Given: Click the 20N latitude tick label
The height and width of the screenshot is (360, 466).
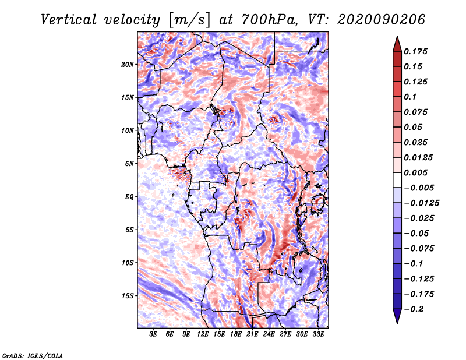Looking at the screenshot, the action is point(128,65).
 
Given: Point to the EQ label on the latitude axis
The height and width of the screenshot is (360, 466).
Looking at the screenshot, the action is point(129,197).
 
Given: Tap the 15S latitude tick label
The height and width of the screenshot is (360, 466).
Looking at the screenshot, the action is point(128,296).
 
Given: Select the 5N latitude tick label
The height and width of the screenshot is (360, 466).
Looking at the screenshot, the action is point(129,164).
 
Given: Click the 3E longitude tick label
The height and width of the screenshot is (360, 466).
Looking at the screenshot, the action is point(153,334).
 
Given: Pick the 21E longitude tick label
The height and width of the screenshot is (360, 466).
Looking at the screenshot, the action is point(252,334).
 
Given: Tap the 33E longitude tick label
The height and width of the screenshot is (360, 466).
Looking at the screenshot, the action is point(318,334).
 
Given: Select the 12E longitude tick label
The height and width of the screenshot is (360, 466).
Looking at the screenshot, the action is point(203,334).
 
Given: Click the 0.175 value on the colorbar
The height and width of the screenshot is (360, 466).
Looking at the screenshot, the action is point(415,51).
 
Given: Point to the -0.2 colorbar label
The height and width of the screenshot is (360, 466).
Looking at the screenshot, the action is point(414,309).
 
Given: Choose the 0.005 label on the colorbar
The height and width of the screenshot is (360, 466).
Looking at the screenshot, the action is point(415,172).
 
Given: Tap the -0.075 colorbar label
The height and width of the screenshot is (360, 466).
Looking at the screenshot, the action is point(419,249).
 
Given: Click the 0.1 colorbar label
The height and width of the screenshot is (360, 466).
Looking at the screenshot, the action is point(410,97).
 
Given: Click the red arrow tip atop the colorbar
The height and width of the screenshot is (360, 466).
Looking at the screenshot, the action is point(397,36).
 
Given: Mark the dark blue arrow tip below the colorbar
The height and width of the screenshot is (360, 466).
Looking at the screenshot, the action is point(397,323).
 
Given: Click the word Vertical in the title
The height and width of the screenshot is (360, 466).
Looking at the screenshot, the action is point(68,20).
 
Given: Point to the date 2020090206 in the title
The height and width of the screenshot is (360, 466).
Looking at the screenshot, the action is point(382,20).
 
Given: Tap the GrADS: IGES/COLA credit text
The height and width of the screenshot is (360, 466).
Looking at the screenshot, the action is point(33,355).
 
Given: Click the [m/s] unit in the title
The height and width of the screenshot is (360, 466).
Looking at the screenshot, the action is point(189,20).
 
